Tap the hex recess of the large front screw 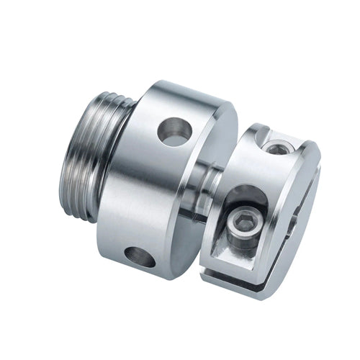tap(241, 228)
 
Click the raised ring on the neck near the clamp tap(213, 189)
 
